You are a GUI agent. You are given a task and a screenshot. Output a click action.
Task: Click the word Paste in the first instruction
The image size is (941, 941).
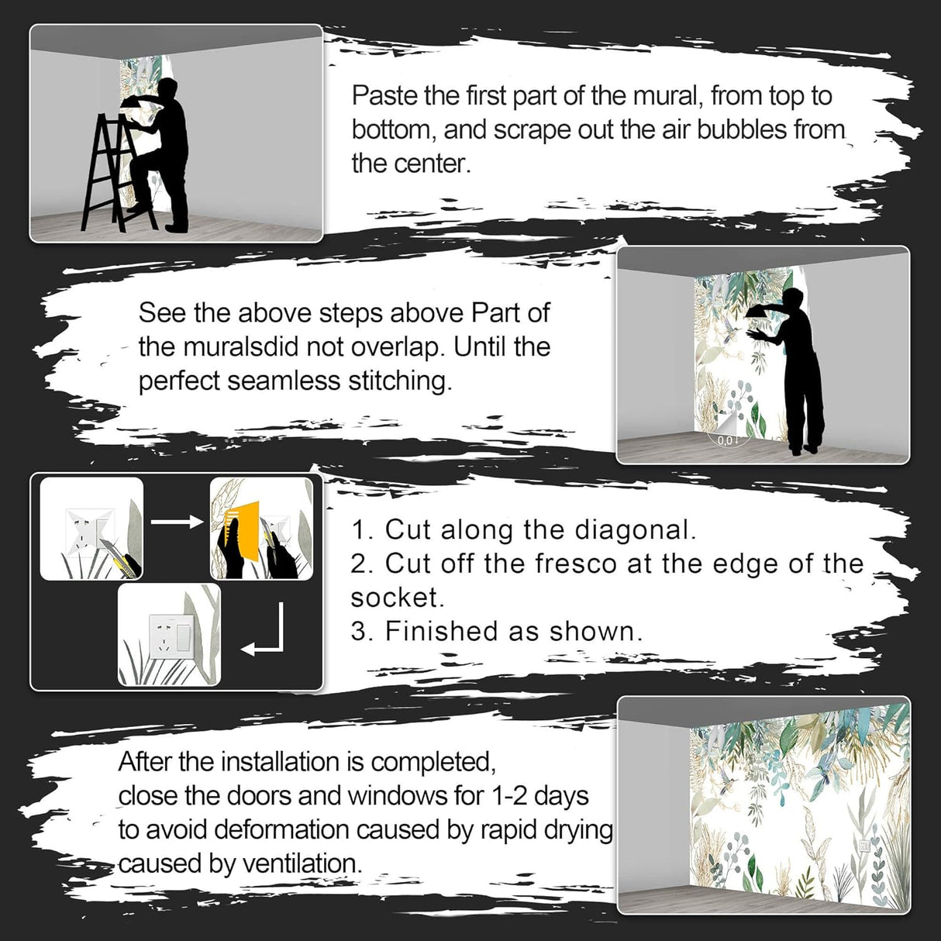click(384, 95)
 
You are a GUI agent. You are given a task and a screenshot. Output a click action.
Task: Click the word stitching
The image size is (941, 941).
click(400, 382)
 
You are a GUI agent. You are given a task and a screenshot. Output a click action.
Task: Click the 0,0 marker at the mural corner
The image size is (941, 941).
click(725, 440)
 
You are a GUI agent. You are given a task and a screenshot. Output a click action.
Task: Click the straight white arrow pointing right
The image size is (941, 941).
click(176, 522)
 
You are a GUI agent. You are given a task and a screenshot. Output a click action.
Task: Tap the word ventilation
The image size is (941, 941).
click(302, 863)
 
